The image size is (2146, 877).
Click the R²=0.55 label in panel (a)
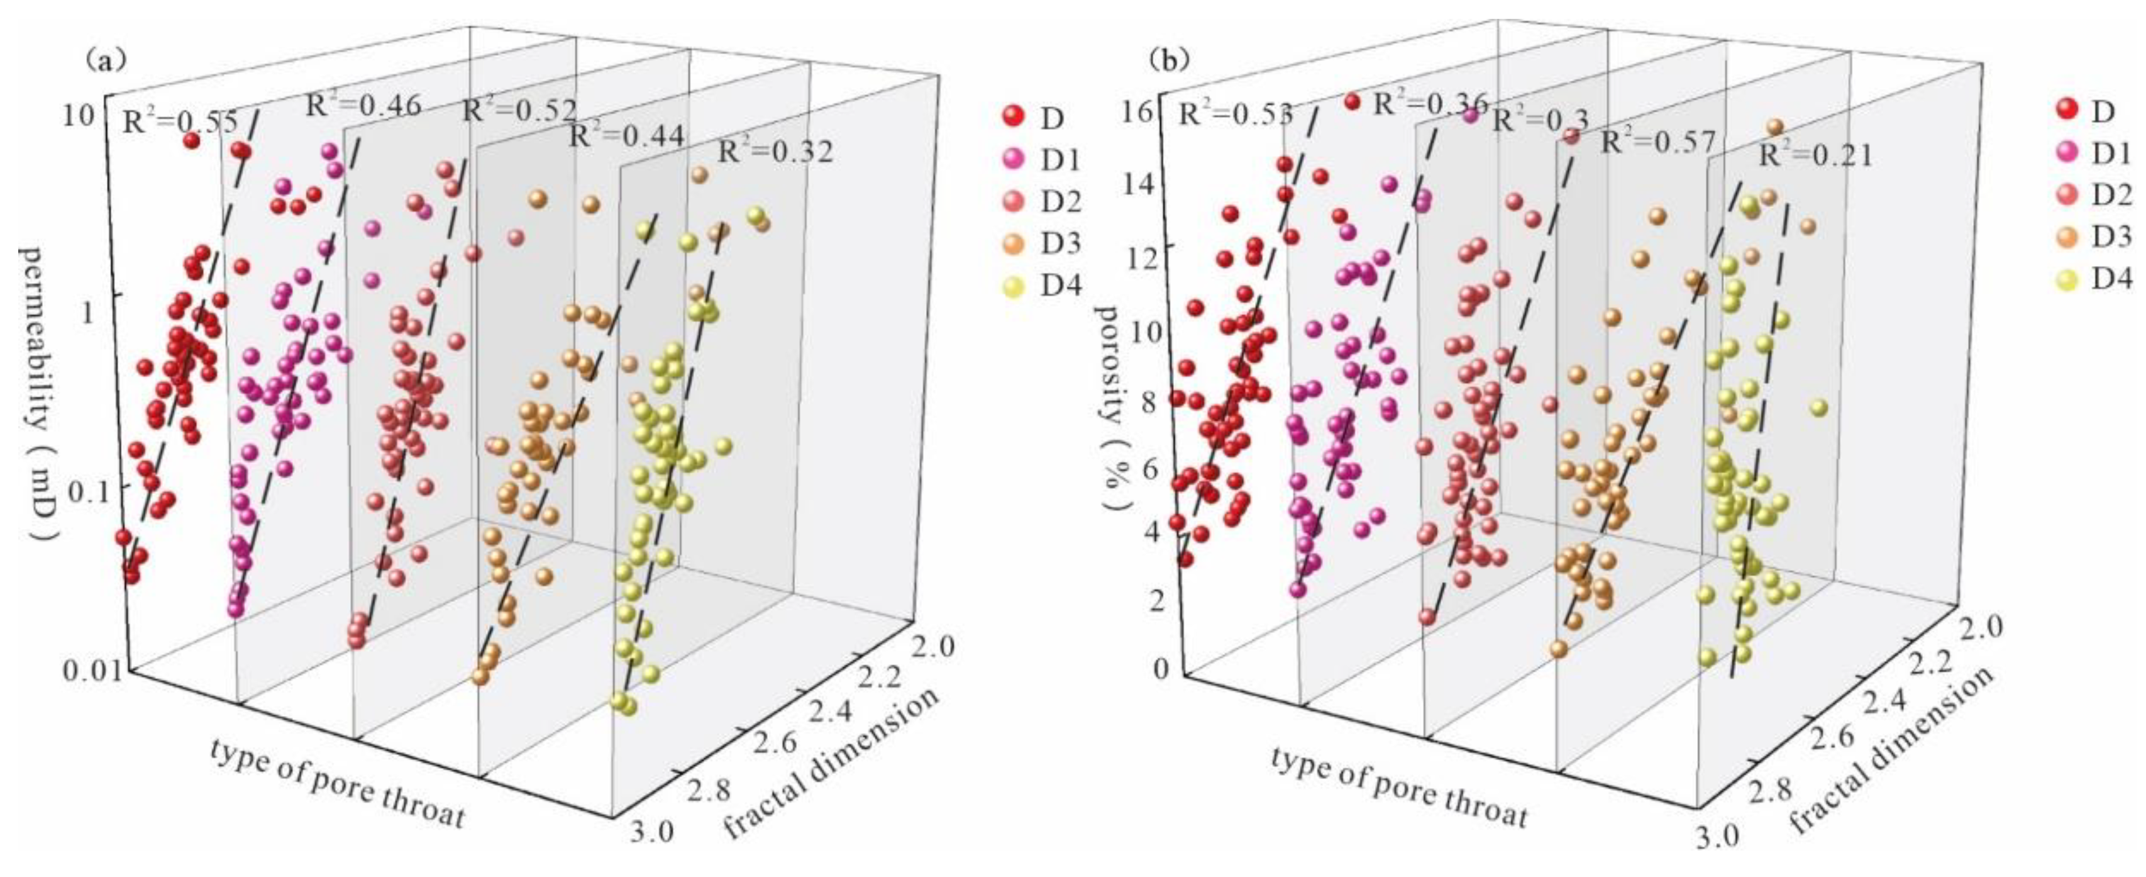tap(180, 123)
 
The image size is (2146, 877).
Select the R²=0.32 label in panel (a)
tap(775, 152)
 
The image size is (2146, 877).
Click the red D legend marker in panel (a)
tap(1013, 118)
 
